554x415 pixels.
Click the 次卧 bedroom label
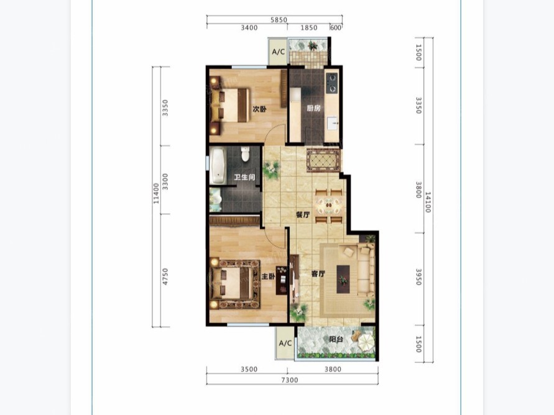[259, 109]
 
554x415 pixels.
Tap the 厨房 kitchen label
[313, 108]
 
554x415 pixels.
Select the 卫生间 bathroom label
[244, 177]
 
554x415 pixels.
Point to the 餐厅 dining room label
[303, 214]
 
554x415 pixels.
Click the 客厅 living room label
[318, 273]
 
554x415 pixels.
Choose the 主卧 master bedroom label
[268, 276]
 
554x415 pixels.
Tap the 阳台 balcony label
[336, 339]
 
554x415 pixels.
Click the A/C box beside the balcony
[285, 343]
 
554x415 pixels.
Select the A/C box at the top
[279, 52]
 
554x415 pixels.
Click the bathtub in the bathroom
[218, 166]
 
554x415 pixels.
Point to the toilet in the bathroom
[245, 154]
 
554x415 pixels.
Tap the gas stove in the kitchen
[332, 83]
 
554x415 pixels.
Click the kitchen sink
[332, 124]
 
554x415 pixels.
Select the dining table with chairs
[329, 206]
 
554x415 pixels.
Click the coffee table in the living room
[343, 279]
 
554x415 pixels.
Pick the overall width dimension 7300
[290, 380]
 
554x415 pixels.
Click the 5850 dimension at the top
[279, 20]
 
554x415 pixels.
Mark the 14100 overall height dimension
[428, 202]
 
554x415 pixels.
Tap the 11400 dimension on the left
[156, 193]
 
